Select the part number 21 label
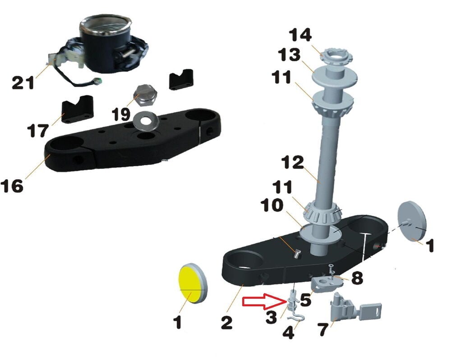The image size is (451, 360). (x=23, y=83)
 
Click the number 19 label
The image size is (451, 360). (x=121, y=114)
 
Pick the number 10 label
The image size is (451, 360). (x=272, y=205)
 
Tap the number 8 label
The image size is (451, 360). (x=357, y=278)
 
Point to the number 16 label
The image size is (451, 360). (x=12, y=186)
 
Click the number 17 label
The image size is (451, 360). (x=38, y=131)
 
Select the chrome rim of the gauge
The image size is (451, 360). (x=105, y=24)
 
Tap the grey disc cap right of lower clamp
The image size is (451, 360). (x=412, y=220)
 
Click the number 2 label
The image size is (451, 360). (x=226, y=322)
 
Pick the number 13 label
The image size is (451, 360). (x=289, y=55)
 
